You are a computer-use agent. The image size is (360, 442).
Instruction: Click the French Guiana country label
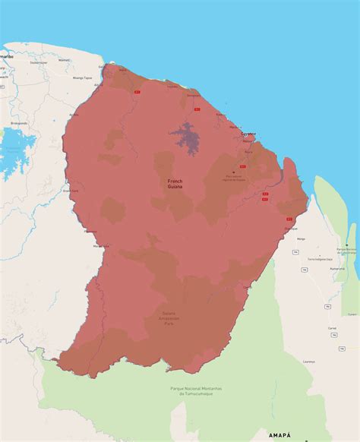click(x=175, y=184)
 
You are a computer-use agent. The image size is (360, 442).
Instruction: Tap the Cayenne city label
click(x=249, y=134)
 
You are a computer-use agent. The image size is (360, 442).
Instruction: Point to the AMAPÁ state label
click(x=278, y=434)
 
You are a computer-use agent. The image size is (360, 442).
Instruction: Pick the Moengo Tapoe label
click(x=82, y=77)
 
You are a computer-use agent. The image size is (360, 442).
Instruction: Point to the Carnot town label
click(x=332, y=329)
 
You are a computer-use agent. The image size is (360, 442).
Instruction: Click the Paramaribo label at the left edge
click(x=6, y=57)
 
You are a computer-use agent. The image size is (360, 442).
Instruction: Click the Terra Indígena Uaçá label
click(x=322, y=259)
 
